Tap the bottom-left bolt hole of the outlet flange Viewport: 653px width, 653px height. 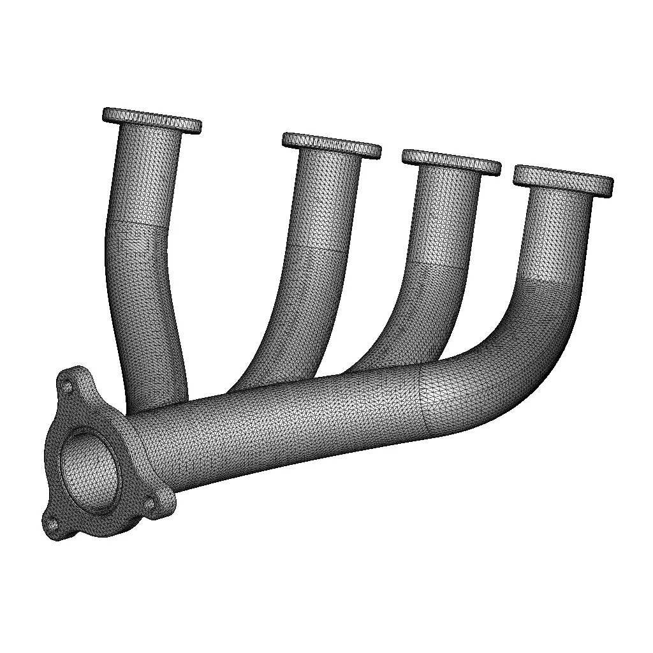[53, 525]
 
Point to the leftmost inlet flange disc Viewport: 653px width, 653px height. [152, 120]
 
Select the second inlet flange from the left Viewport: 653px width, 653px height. [332, 145]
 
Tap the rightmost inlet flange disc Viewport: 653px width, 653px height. [563, 179]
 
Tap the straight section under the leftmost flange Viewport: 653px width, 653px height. [145, 179]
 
